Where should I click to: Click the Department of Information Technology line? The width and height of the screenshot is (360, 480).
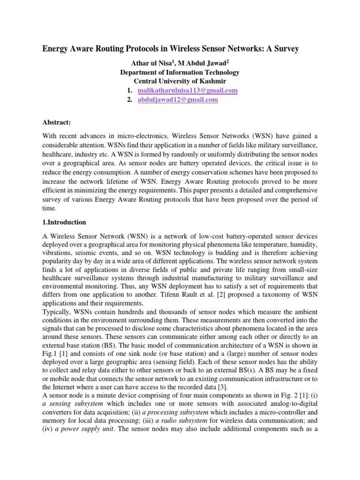click(180, 72)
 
